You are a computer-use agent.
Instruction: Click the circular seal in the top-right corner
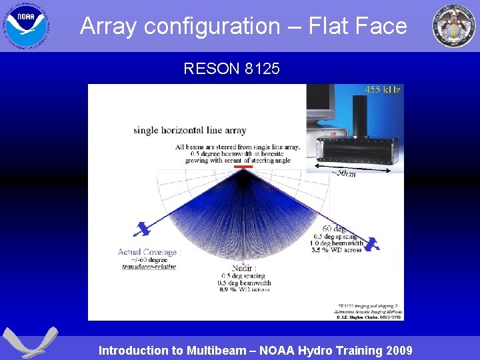pyautogui.click(x=454, y=25)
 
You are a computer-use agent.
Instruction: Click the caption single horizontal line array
pyautogui.click(x=189, y=131)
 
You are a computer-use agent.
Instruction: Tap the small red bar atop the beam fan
pyautogui.click(x=243, y=165)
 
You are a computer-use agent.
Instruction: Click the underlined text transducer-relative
pyautogui.click(x=149, y=267)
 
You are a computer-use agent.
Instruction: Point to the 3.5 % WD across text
pyautogui.click(x=336, y=249)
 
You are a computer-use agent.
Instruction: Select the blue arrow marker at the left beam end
pyautogui.click(x=141, y=230)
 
